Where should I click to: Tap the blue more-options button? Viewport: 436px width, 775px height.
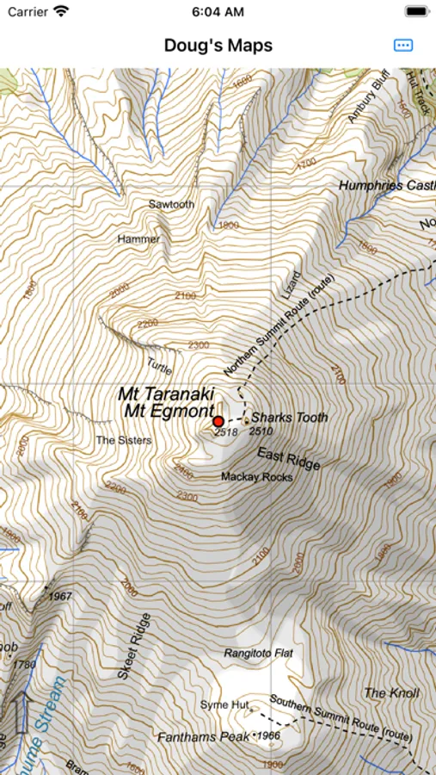(x=402, y=46)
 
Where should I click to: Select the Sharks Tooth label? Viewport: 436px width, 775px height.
(x=289, y=418)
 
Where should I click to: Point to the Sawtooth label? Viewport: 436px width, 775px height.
(x=171, y=205)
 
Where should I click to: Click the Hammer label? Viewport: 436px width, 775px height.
(x=139, y=238)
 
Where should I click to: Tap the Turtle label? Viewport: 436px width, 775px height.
(x=160, y=365)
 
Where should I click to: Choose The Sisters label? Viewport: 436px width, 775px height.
(x=123, y=440)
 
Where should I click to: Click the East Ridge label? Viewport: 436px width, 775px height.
(x=288, y=458)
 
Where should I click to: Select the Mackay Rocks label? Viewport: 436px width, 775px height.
(x=256, y=476)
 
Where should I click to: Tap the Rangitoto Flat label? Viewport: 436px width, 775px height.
(x=258, y=654)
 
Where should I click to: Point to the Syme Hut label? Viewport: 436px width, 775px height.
(x=224, y=705)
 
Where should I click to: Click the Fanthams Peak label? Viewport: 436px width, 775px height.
(x=203, y=737)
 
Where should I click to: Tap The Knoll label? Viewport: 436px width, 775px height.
(x=391, y=693)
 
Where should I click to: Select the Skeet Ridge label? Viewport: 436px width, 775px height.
(x=133, y=647)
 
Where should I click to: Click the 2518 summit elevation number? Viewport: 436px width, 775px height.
(x=225, y=431)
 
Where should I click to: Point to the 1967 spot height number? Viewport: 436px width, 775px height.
(x=60, y=596)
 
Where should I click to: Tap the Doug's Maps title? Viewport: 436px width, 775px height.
(x=218, y=46)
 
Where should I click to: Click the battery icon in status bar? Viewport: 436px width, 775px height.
(x=416, y=12)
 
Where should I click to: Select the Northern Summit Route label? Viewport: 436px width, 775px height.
(x=280, y=327)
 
